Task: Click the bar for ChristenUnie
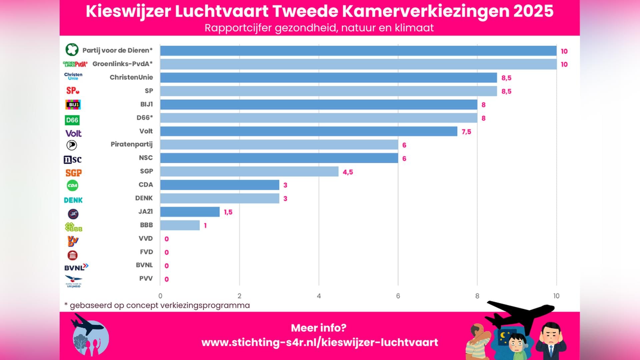(x=328, y=78)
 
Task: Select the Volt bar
(x=308, y=131)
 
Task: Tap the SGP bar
(x=249, y=172)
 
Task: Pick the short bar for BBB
(x=180, y=225)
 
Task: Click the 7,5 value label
(x=466, y=132)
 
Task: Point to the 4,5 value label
(x=348, y=172)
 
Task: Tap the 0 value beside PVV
(x=167, y=279)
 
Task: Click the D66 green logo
(x=72, y=120)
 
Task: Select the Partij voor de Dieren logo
(x=72, y=50)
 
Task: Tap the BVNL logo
(x=76, y=267)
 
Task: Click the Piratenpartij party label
(x=132, y=144)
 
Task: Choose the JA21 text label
(x=146, y=212)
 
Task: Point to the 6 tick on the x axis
(x=398, y=296)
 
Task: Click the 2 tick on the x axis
(x=239, y=296)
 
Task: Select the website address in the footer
(x=320, y=342)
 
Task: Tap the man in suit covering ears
(x=551, y=342)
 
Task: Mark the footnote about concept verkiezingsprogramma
(x=157, y=305)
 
